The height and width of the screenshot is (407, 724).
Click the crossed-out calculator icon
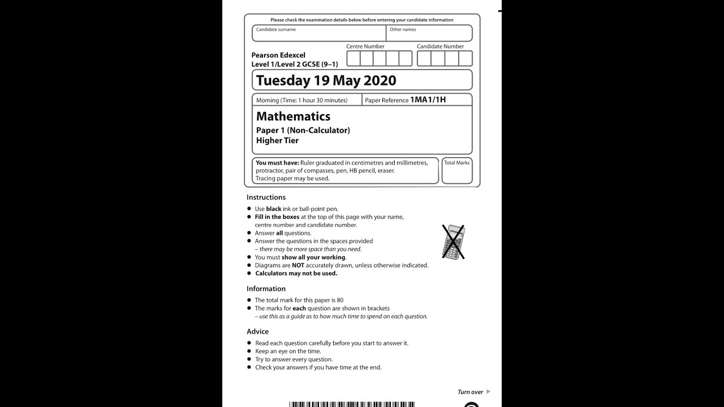pos(453,242)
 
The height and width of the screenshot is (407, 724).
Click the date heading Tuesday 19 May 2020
pos(326,80)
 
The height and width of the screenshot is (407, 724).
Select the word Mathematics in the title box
pos(293,116)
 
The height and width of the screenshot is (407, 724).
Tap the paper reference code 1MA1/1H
pos(428,100)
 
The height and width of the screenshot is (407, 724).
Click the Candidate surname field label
pos(275,29)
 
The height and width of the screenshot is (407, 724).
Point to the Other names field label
pos(403,29)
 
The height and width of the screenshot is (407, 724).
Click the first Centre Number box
pos(353,58)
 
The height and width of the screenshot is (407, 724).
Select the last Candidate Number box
pos(465,58)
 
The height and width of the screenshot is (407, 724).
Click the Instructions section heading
pos(266,197)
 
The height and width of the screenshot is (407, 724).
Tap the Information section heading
pos(266,289)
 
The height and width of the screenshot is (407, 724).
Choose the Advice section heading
pos(257,332)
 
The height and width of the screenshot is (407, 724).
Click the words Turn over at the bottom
pos(470,392)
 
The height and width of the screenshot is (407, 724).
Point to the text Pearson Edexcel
pos(278,55)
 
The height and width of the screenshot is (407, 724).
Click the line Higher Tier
pos(277,141)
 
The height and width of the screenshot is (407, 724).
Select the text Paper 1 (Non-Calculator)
pos(303,131)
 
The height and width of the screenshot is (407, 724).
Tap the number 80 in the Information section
pos(339,300)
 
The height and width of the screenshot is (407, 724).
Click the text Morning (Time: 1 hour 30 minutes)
pos(301,100)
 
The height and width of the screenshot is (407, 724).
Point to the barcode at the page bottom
pos(351,404)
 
